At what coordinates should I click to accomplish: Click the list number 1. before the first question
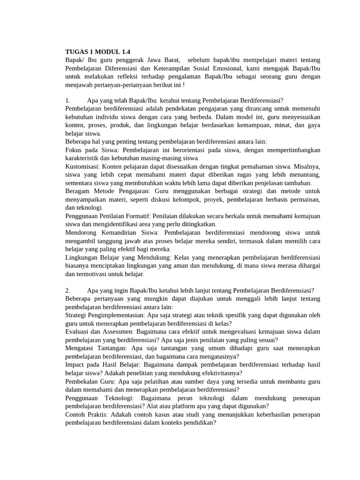click(68, 100)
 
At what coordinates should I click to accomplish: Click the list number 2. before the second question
click(68, 291)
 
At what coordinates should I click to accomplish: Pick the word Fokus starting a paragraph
click(74, 150)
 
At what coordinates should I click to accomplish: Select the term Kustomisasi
click(82, 167)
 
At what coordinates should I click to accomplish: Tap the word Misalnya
click(307, 167)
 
